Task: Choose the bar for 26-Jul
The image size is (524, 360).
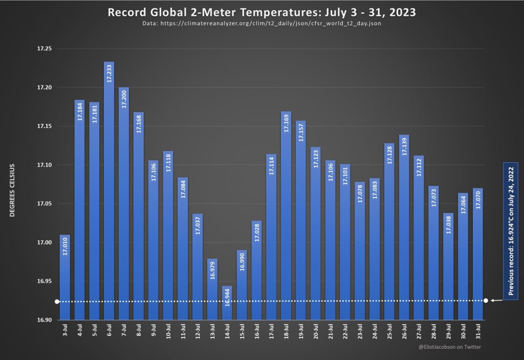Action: coord(404,230)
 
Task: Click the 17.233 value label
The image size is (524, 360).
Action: coord(109,74)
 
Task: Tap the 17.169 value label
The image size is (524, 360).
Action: coord(286,123)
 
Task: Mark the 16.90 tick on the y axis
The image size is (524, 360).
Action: coord(45,320)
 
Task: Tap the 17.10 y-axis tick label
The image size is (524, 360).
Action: coord(45,165)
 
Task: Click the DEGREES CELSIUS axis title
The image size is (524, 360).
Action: coord(12,190)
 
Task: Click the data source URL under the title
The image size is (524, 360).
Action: coord(261,24)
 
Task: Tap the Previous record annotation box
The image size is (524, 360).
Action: coord(511,230)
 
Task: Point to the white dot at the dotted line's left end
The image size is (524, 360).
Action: coord(57,302)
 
